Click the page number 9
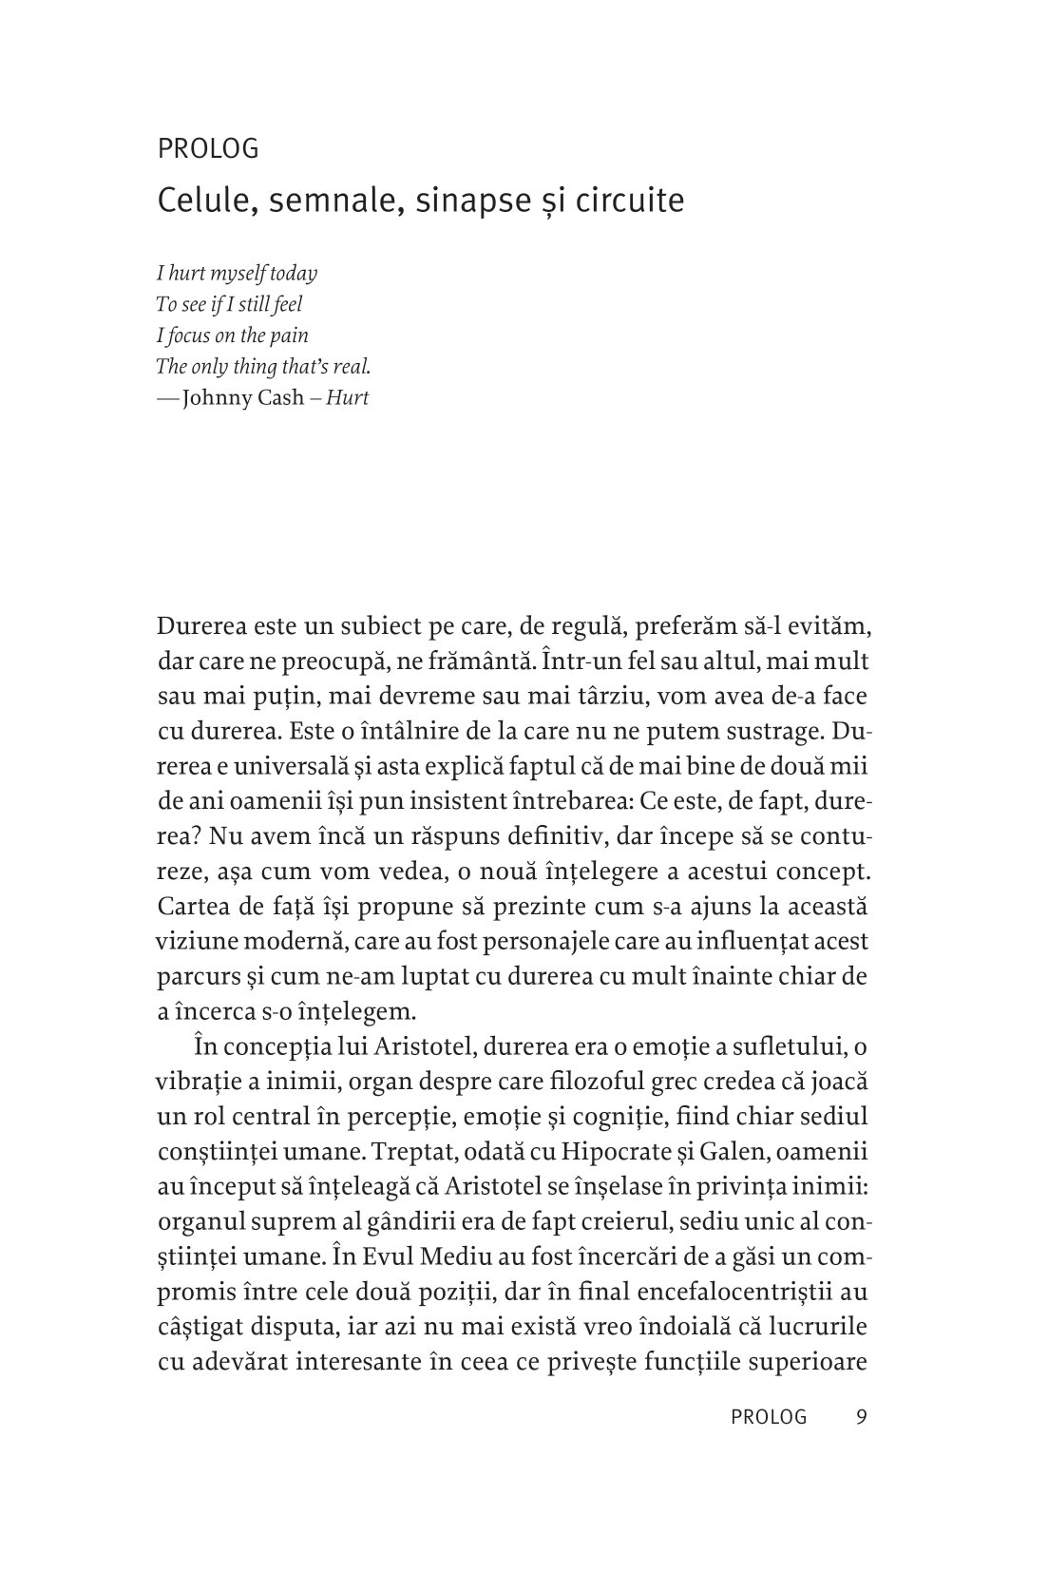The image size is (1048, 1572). [x=861, y=1417]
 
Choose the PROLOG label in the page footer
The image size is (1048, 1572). [x=769, y=1417]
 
